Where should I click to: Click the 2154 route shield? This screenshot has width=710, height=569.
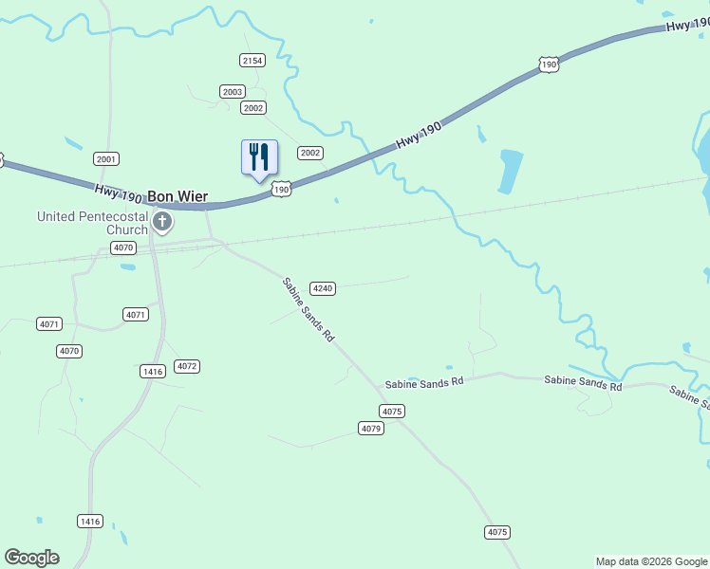point(252,61)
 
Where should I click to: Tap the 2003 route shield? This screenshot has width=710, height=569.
point(232,92)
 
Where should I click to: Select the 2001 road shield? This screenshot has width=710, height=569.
point(106,159)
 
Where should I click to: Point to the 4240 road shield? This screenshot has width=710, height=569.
point(324,288)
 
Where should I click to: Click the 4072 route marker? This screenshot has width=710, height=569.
point(187,366)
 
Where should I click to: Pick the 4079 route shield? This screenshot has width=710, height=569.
point(371,429)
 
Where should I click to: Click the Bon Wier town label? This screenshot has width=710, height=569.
point(177,197)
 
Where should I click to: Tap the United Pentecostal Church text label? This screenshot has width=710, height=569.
point(92,223)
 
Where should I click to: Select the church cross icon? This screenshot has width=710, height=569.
point(162,223)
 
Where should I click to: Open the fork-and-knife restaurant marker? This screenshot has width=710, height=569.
point(259,157)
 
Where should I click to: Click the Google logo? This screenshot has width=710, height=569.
point(31,558)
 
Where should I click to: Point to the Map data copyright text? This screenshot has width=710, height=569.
point(651,561)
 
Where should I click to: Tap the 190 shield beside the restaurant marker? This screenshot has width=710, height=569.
point(281,190)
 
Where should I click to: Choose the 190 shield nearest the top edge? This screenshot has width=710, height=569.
point(548,64)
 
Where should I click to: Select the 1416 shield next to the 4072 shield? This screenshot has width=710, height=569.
point(152,371)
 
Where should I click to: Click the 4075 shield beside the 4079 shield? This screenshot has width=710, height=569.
point(392,411)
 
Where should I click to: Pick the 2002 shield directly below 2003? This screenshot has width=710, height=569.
point(253,108)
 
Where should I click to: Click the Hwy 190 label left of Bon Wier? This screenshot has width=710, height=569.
point(119,193)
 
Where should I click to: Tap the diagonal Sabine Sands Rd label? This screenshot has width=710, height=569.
point(309,309)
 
